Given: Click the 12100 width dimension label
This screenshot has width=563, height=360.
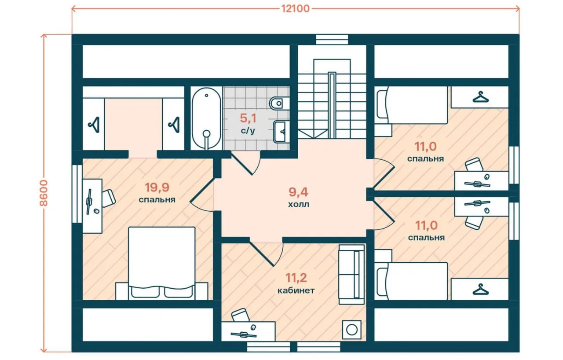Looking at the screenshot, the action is pyautogui.click(x=295, y=9).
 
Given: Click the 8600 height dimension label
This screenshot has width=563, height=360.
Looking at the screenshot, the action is pyautogui.click(x=44, y=193).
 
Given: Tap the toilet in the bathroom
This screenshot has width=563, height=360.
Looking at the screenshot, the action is pyautogui.click(x=279, y=103).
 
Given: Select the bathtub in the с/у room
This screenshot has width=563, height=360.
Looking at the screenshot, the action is pyautogui.click(x=206, y=118).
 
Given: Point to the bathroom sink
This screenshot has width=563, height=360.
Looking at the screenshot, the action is pyautogui.click(x=281, y=132).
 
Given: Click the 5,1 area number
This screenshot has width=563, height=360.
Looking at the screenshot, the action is pyautogui.click(x=248, y=118).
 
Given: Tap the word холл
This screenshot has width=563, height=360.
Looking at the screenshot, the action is pyautogui.click(x=298, y=204).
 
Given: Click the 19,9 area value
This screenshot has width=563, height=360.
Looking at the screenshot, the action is pyautogui.click(x=157, y=187).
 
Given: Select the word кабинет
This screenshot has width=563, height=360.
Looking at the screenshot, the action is pyautogui.click(x=296, y=290).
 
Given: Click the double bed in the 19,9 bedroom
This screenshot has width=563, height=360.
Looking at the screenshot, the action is pyautogui.click(x=161, y=263).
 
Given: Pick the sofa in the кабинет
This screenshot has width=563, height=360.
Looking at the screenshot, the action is pyautogui.click(x=351, y=275).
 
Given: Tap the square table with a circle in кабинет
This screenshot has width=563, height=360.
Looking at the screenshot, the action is pyautogui.click(x=351, y=330).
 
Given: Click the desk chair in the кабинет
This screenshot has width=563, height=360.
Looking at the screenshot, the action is pyautogui.click(x=241, y=315).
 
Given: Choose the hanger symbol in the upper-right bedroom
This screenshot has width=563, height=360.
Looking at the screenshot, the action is pyautogui.click(x=481, y=97).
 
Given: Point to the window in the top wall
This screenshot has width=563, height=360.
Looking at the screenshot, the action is pyautogui.click(x=332, y=40).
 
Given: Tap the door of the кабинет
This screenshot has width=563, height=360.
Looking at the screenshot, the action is pyautogui.click(x=266, y=254).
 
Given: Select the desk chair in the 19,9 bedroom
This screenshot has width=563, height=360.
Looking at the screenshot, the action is pyautogui.click(x=108, y=198).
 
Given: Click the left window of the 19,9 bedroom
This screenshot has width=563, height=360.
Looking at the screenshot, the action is pyautogui.click(x=77, y=194).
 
